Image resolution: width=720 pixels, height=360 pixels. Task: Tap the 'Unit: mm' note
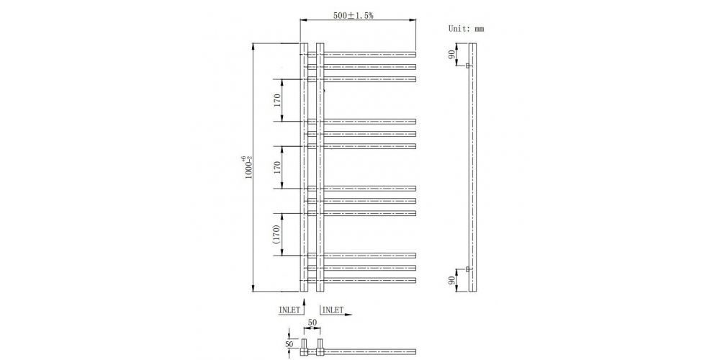466,29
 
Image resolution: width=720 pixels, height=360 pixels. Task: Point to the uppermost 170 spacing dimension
277,100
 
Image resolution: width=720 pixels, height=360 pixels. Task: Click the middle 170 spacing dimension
277,167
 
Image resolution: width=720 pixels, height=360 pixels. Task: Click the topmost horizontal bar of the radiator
369,53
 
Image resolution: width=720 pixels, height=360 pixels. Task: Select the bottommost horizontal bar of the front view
369,279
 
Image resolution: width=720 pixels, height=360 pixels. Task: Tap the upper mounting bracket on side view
467,66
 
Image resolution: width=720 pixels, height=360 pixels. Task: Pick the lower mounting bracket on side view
467,269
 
